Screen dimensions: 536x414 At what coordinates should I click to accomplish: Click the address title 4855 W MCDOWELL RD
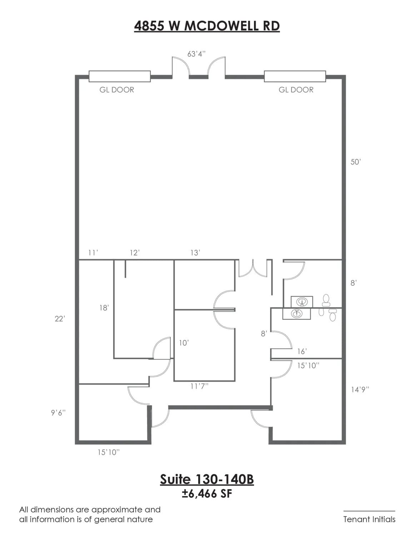[x=207, y=26]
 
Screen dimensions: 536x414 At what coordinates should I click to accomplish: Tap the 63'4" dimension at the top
[x=196, y=54]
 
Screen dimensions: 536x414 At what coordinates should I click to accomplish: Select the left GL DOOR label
[x=117, y=90]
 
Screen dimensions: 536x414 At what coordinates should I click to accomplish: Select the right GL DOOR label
[x=296, y=90]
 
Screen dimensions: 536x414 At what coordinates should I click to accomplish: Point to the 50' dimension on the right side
[x=356, y=162]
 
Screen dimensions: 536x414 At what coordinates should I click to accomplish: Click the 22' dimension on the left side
[x=60, y=319]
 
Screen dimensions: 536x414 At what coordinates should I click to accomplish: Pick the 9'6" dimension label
[x=58, y=413]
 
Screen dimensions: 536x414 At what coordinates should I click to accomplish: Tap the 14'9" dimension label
[x=360, y=389]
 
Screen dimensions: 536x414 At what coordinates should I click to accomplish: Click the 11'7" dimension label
[x=199, y=386]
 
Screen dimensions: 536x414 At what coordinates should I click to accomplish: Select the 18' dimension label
[x=104, y=308]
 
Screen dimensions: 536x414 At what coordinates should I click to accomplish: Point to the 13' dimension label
[x=195, y=253]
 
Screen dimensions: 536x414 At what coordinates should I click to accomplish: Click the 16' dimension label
[x=302, y=352]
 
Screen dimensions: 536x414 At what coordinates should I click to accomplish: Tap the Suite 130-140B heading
[x=207, y=479]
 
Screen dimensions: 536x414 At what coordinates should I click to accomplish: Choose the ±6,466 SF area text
[x=207, y=494]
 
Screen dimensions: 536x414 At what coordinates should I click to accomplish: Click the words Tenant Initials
[x=369, y=519]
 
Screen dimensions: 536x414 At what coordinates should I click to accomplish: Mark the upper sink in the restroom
[x=302, y=302]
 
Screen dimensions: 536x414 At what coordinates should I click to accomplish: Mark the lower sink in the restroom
[x=296, y=314]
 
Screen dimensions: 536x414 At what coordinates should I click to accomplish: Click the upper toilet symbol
[x=326, y=300]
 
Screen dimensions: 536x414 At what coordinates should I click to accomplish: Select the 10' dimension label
[x=184, y=343]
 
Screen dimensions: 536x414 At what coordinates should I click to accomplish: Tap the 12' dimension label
[x=135, y=253]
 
